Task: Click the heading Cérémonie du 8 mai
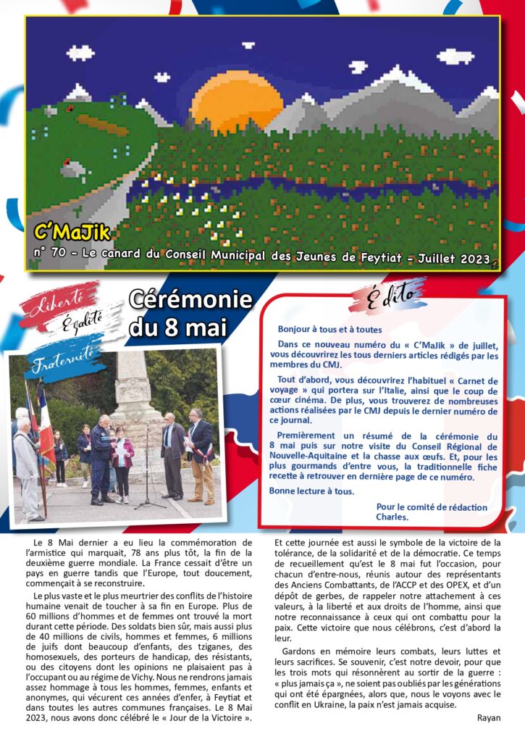(190, 313)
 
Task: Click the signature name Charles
(392, 517)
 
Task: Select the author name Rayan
(489, 717)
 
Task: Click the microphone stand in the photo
(148, 464)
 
